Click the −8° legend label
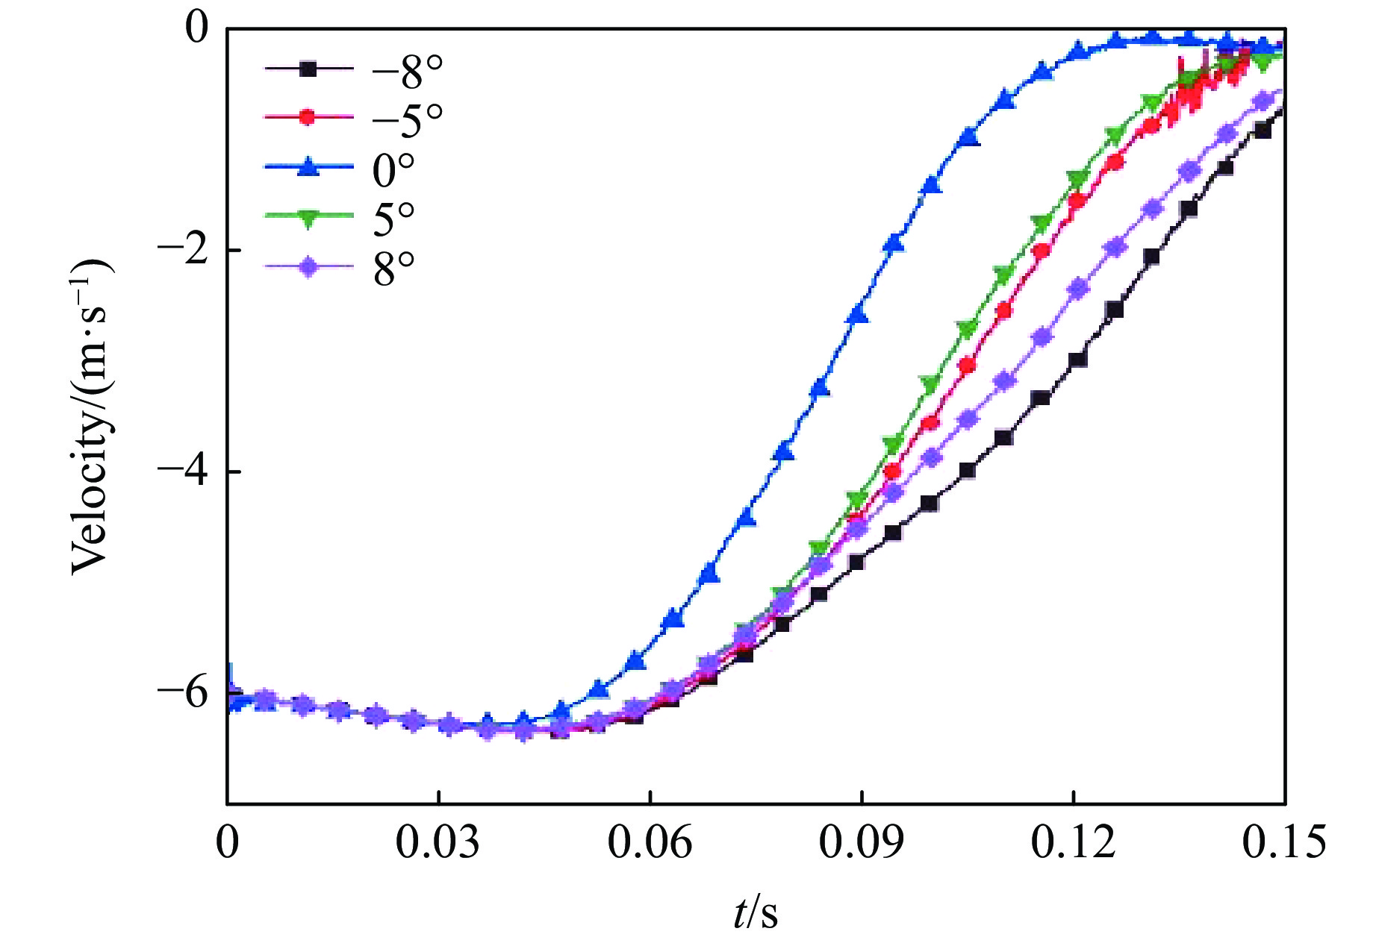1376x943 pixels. [408, 72]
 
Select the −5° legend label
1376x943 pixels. [408, 119]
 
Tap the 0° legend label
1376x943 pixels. [393, 169]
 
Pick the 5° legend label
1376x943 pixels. [393, 218]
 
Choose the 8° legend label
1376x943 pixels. [393, 269]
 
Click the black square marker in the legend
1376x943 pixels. [308, 69]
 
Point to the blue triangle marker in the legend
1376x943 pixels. [308, 167]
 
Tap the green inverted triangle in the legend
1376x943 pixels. [308, 217]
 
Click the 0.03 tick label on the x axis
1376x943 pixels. [438, 842]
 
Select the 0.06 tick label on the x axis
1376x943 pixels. [650, 842]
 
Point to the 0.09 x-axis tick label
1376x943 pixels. [861, 842]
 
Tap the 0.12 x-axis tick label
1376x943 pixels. [1073, 842]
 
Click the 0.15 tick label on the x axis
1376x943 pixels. [1284, 842]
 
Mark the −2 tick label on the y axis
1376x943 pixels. [182, 251]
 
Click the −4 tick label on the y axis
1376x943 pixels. [182, 471]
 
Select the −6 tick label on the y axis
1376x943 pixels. [182, 693]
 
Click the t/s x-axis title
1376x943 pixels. [756, 912]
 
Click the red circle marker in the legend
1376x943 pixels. [308, 117]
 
